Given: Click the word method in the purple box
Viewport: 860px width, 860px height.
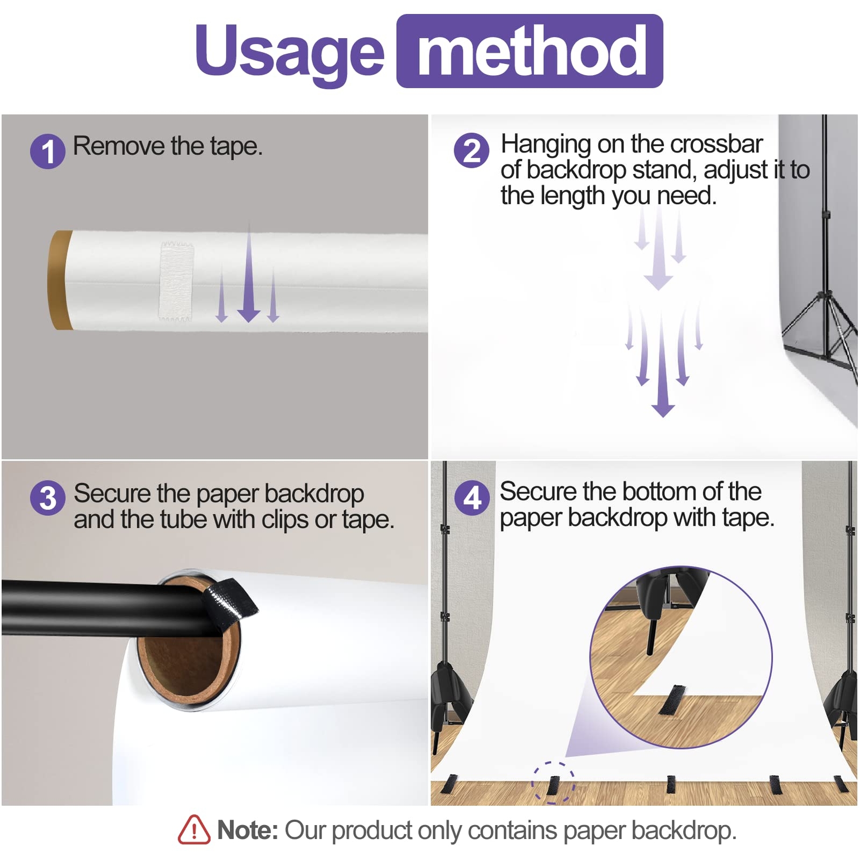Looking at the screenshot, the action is tap(532, 52).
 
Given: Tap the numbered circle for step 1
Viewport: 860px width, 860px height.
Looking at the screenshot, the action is tap(48, 151).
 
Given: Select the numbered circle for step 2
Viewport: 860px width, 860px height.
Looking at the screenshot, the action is tap(471, 150).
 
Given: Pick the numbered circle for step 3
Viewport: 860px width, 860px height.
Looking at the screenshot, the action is tap(48, 498).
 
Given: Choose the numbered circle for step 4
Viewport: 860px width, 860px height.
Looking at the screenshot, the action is tap(472, 498).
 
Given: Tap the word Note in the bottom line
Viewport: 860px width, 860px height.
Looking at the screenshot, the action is tap(247, 830).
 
